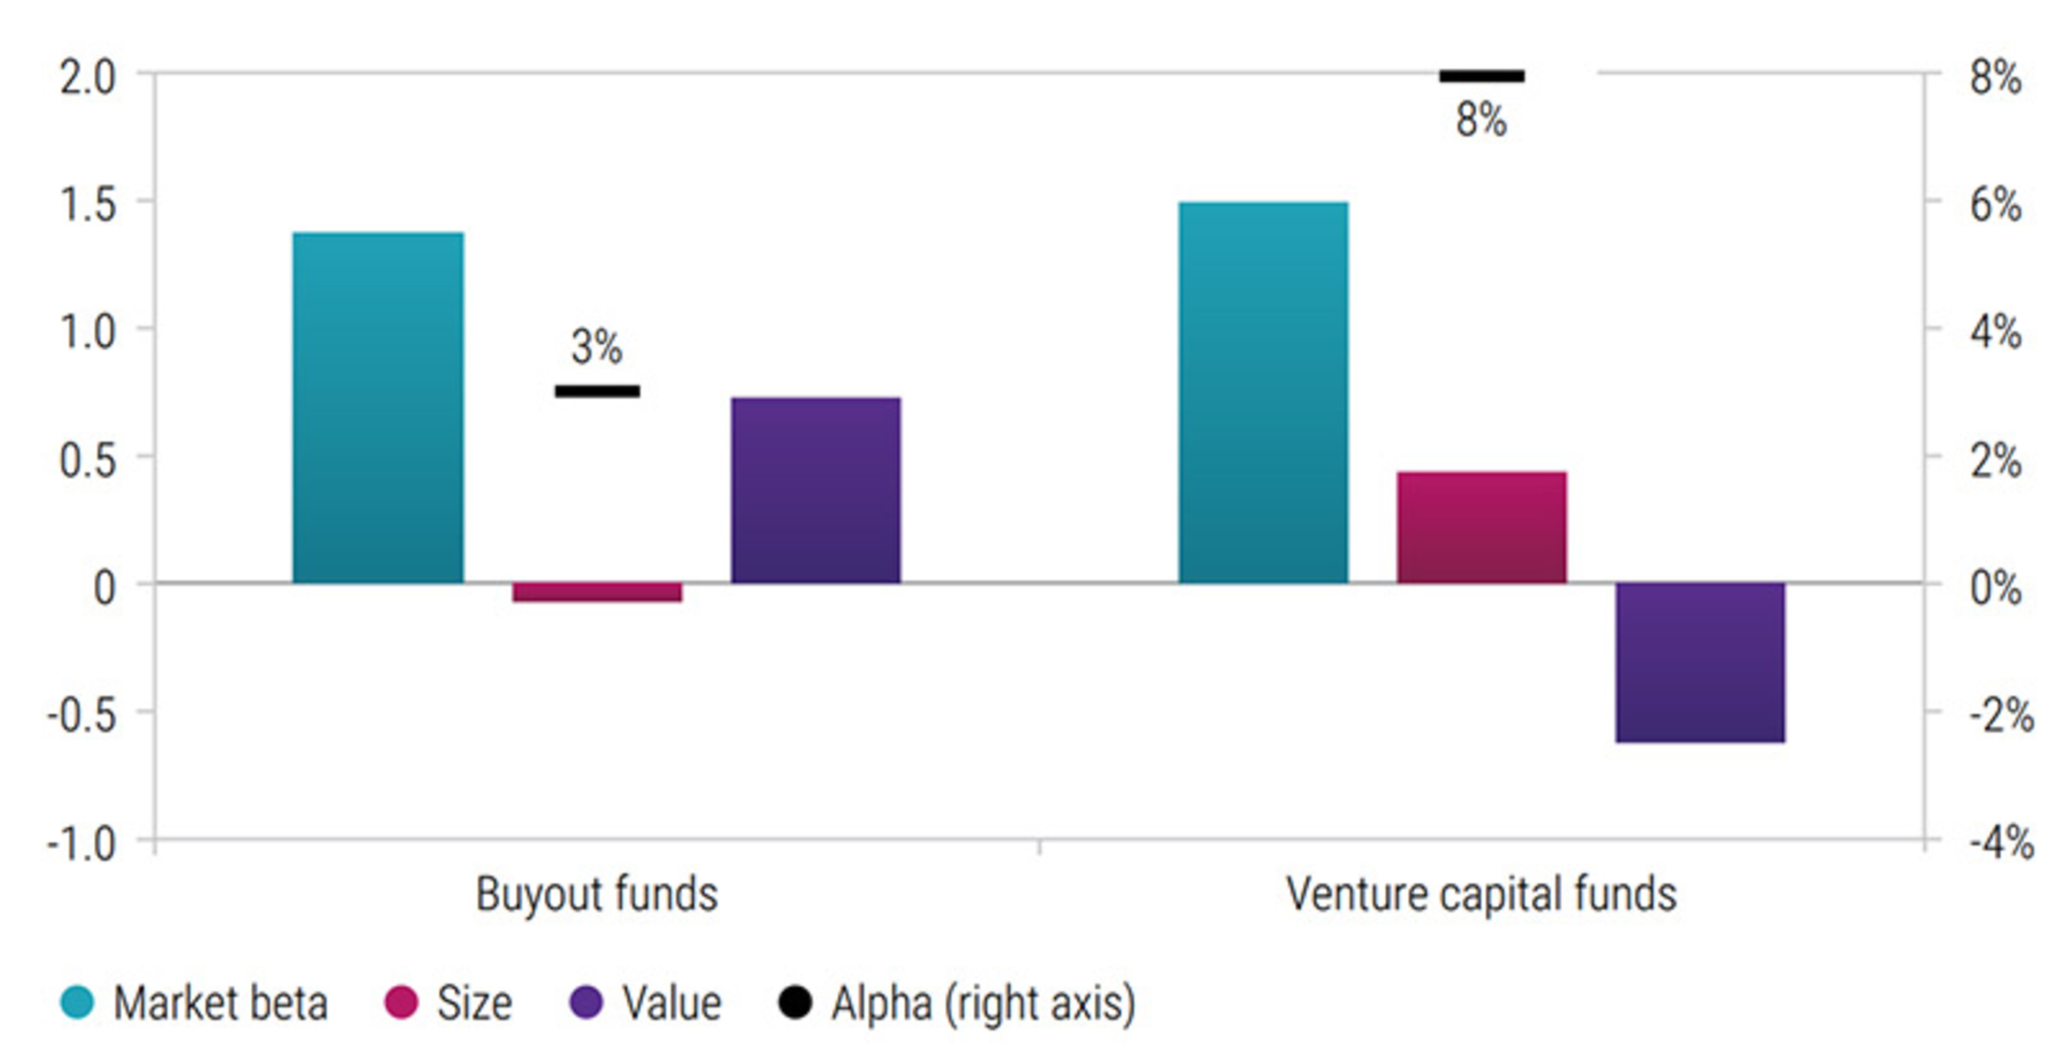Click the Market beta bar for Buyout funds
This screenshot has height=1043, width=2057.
378,407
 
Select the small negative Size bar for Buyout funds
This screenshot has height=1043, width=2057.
597,592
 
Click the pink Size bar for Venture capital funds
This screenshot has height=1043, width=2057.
1481,527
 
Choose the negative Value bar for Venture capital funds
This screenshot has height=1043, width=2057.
1700,662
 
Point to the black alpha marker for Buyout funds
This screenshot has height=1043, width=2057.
597,391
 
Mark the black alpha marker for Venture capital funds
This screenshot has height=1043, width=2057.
1481,77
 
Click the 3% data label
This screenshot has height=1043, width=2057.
597,347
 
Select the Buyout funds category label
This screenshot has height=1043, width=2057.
597,894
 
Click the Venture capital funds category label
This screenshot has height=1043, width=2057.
1481,894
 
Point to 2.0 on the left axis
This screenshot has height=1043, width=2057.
88,78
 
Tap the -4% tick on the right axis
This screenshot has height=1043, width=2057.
2000,842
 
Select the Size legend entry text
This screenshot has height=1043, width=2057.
474,1003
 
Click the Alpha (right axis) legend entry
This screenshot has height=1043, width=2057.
982,1003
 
